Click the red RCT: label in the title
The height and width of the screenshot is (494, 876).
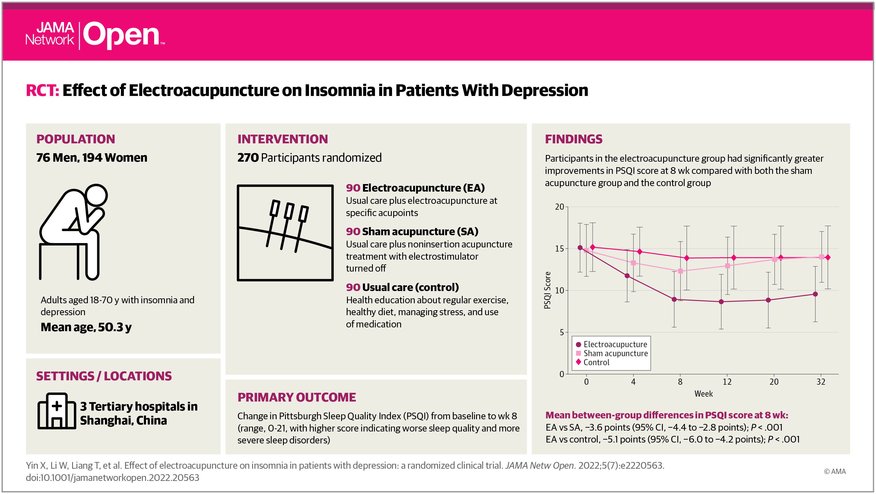click(42, 90)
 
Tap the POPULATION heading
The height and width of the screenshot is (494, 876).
click(76, 139)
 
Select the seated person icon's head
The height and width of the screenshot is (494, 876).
click(97, 195)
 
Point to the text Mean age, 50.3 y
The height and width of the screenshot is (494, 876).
click(86, 327)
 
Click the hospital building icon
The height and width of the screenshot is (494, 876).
click(56, 411)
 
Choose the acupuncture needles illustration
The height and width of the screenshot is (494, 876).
click(285, 233)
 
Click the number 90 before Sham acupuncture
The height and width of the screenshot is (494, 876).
click(353, 231)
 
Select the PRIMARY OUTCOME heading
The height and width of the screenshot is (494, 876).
click(297, 397)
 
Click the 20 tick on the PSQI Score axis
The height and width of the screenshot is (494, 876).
click(559, 207)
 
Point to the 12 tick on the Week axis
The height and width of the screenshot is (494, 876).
click(727, 382)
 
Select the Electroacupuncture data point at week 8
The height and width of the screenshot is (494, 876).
click(674, 299)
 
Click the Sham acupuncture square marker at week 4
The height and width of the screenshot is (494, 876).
click(633, 263)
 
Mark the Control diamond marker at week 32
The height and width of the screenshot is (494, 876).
click(828, 257)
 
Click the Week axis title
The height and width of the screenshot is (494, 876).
click(703, 394)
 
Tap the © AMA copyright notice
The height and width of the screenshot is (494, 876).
click(834, 471)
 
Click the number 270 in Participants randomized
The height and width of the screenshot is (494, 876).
click(248, 158)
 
